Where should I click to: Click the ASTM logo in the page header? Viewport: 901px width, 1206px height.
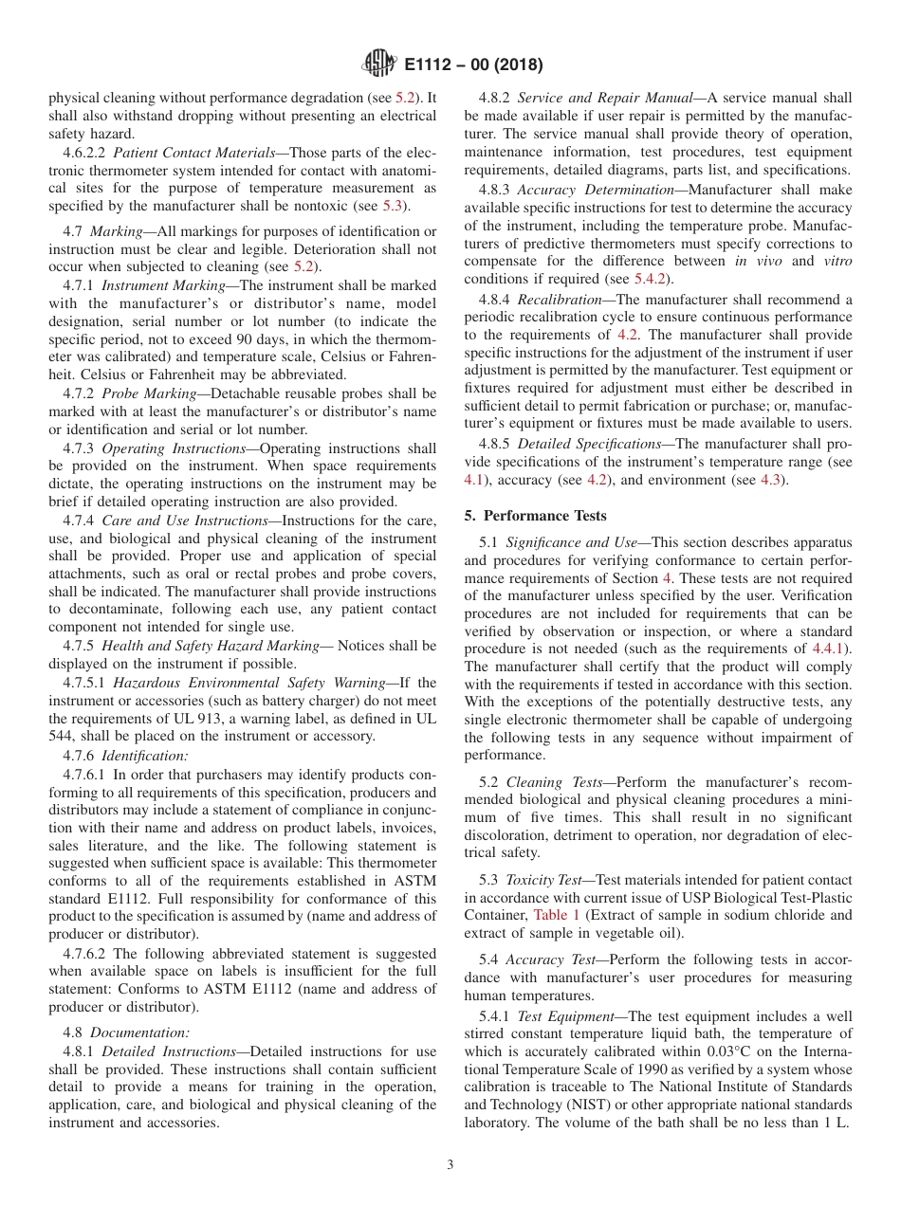(x=379, y=65)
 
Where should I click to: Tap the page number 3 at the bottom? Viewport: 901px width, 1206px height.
(x=450, y=1165)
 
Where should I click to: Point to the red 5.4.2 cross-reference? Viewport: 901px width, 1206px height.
(x=652, y=279)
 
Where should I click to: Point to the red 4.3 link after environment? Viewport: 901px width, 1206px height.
(x=771, y=481)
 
